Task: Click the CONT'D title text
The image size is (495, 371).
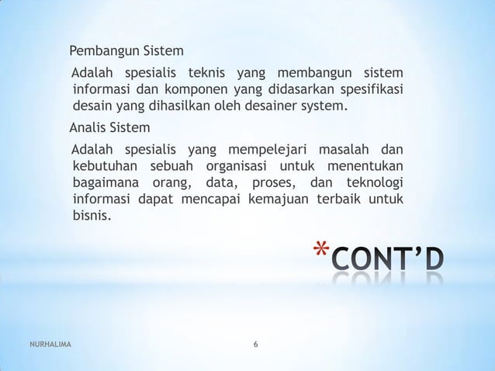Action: (x=388, y=258)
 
